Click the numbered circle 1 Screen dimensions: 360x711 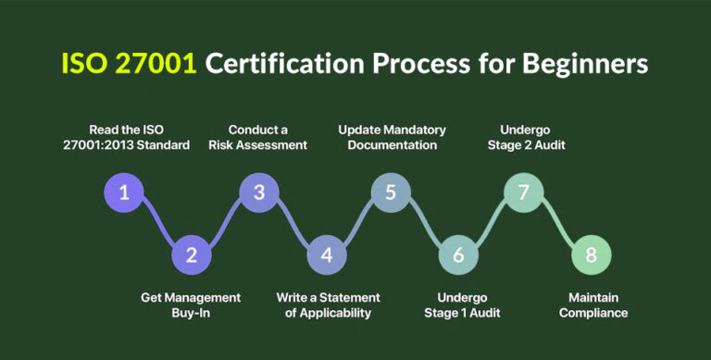pos(125,192)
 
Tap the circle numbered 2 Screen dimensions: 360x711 pos(192,254)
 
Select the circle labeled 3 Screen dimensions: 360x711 pos(258,192)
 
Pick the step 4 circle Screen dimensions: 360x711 pos(325,254)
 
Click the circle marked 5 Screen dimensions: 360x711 pos(391,192)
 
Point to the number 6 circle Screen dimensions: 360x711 pos(457,254)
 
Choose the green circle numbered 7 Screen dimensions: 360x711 pos(523,192)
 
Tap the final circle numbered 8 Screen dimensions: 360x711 pos(591,254)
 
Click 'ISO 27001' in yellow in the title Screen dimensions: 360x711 pos(127,64)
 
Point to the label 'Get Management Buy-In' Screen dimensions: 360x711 pos(191,304)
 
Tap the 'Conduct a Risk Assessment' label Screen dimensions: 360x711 pos(268,137)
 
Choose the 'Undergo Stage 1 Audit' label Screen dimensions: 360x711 pos(468,304)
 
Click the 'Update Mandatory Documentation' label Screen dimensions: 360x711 pos(392,137)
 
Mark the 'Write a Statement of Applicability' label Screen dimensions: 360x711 pos(328,304)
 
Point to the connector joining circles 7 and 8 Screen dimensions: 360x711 pos(557,224)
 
